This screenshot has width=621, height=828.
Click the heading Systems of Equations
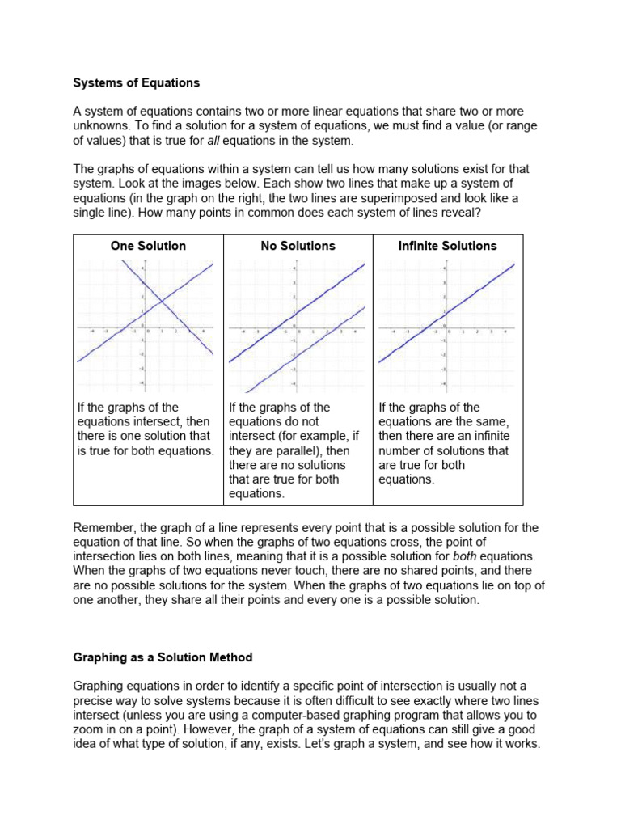tap(136, 82)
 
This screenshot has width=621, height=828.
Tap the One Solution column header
tap(148, 246)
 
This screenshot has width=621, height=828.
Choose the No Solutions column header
tap(298, 246)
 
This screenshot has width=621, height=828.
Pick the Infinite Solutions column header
tap(447, 246)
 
